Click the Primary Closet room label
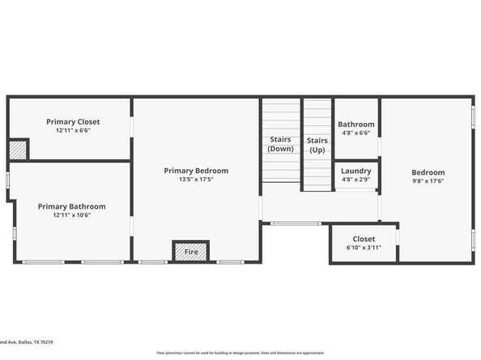(73, 121)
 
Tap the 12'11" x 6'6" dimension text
(73, 130)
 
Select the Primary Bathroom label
(71, 206)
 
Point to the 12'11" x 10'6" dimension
(71, 215)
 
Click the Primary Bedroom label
(196, 171)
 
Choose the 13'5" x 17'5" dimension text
(196, 180)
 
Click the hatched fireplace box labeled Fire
(191, 252)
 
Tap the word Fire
(191, 252)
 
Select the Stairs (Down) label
(281, 144)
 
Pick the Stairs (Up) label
(317, 145)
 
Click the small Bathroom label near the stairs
(356, 125)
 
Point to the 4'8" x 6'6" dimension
(356, 133)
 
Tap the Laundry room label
(356, 171)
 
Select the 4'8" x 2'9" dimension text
(356, 180)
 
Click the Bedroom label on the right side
(428, 172)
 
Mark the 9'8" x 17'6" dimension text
(428, 181)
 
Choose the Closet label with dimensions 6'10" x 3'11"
(364, 239)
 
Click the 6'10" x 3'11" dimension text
(364, 248)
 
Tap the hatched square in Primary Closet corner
(18, 150)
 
